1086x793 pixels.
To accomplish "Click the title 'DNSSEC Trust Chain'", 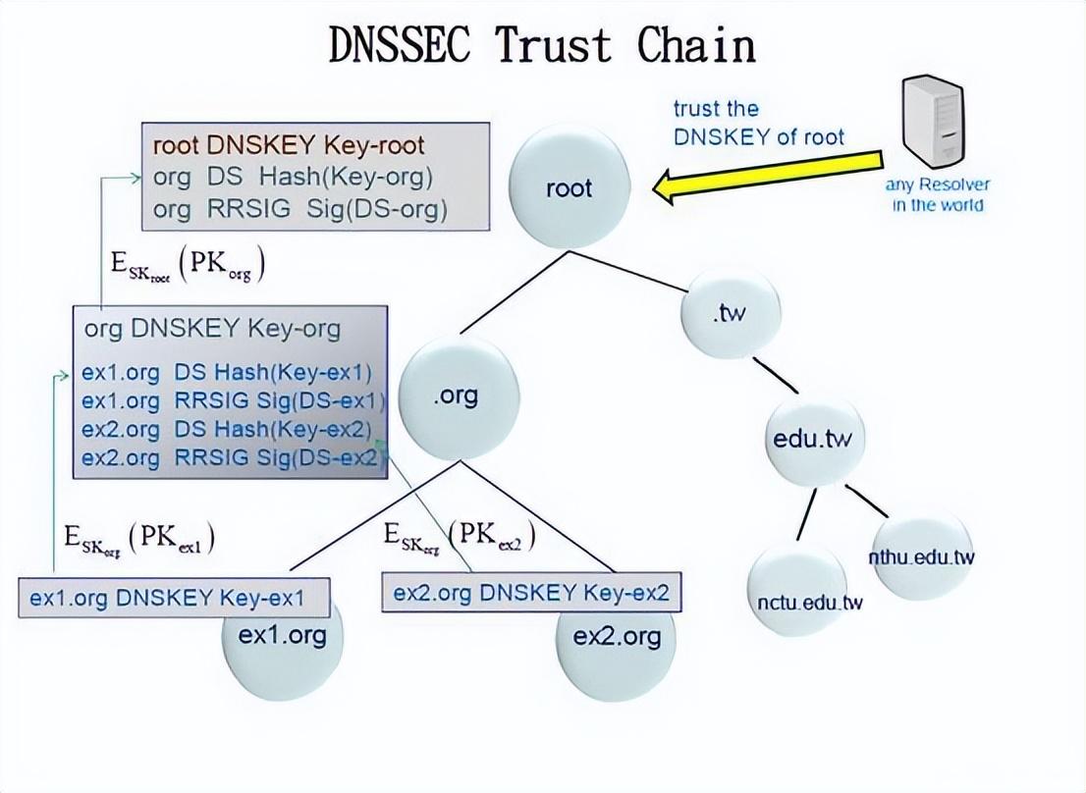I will tap(542, 45).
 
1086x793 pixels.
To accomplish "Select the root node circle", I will tap(570, 187).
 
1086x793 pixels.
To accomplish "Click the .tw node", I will tap(731, 314).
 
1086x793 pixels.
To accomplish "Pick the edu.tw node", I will tap(812, 438).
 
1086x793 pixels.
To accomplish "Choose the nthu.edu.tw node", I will tap(921, 556).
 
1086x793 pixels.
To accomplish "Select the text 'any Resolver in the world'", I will tap(938, 194).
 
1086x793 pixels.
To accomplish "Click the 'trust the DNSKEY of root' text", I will tap(757, 123).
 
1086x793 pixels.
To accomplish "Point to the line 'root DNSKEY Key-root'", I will tap(289, 145).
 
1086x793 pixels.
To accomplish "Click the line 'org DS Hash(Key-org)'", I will tap(293, 178).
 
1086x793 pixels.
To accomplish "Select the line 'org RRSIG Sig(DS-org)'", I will tap(299, 209).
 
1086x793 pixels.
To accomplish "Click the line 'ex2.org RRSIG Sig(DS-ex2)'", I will tap(231, 457).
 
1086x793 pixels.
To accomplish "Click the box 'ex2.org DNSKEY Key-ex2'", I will tap(531, 593).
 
